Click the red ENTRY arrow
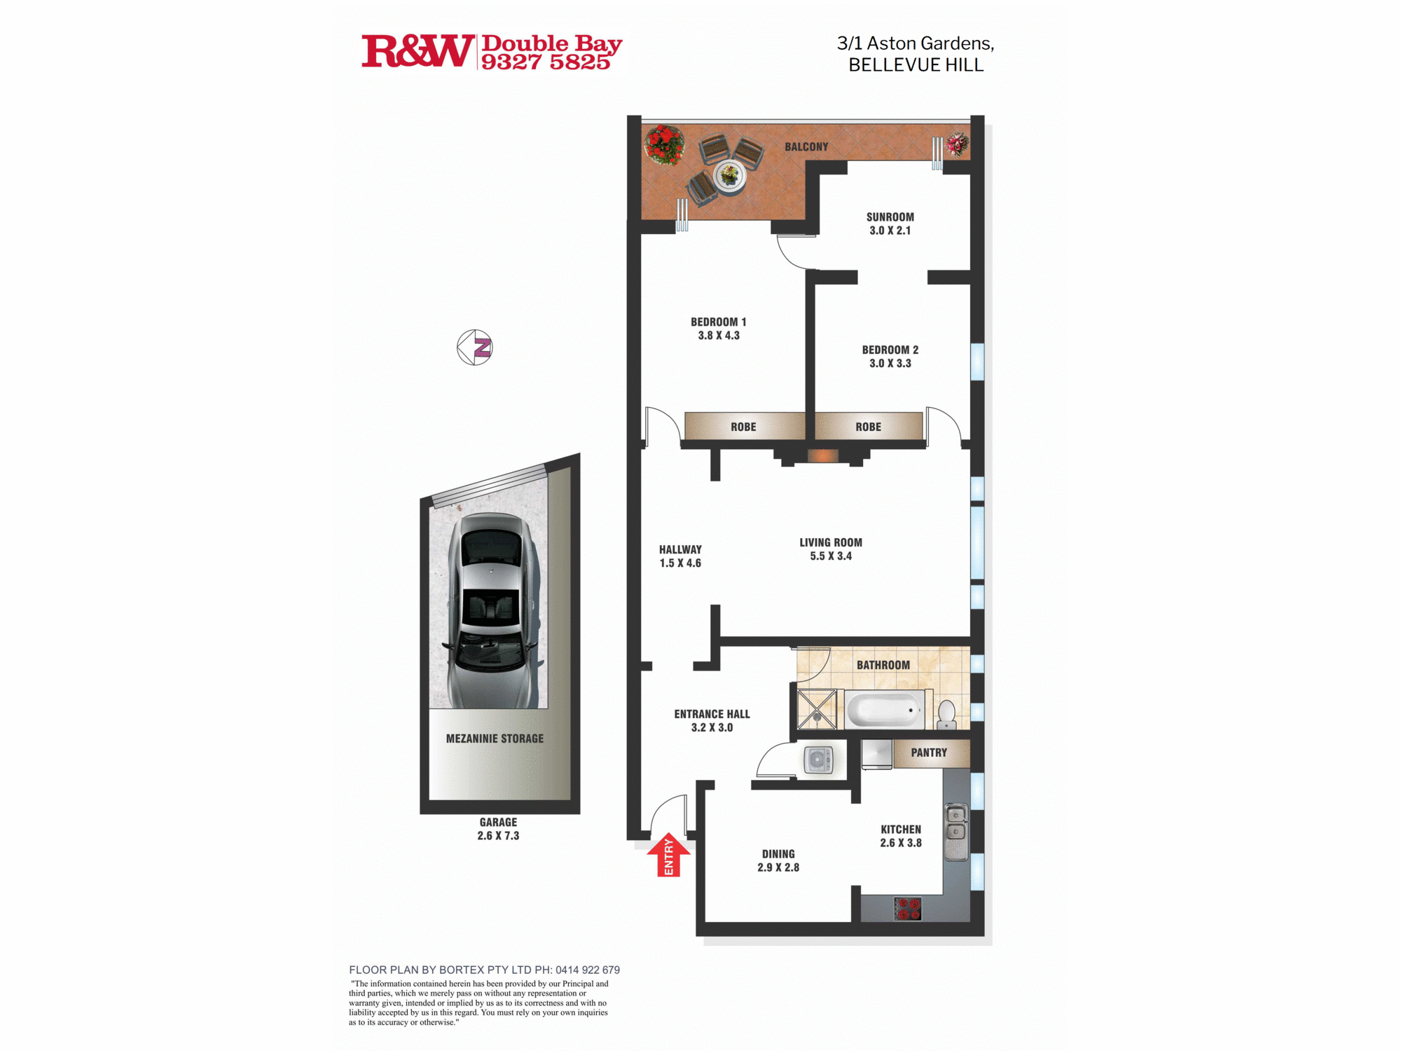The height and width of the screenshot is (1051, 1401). tap(668, 855)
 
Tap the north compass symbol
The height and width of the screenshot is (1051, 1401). tap(475, 348)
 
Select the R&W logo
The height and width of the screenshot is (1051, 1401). tap(417, 51)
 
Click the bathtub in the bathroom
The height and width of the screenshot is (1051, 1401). tap(885, 710)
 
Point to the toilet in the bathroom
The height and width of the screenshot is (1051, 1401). tap(947, 715)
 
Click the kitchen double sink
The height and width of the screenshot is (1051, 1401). tap(956, 832)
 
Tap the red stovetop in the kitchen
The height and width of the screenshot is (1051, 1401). tap(908, 909)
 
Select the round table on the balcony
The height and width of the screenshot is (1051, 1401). tap(730, 174)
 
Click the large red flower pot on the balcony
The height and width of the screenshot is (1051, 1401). tap(664, 145)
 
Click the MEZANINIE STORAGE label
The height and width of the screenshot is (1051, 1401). tap(495, 739)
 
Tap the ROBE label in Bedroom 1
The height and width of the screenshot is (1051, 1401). tap(743, 427)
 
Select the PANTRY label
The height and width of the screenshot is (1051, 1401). tap(929, 753)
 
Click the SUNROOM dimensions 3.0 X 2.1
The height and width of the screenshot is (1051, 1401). tap(890, 231)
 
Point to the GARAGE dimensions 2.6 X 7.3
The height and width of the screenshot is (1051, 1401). tap(498, 836)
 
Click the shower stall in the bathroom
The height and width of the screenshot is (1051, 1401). tap(817, 709)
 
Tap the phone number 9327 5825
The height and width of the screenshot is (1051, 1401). tap(546, 62)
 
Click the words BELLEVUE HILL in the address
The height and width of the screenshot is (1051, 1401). tap(916, 65)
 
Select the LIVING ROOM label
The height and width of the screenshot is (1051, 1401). tap(831, 542)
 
